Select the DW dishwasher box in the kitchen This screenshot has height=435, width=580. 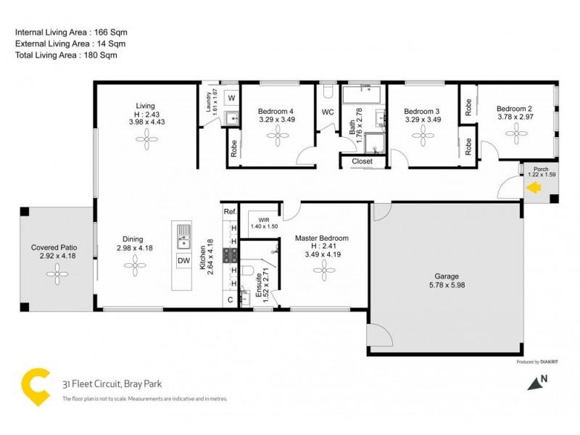coord(183,261)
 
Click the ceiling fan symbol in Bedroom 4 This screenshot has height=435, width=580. coord(277,138)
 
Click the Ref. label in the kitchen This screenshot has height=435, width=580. coord(230,212)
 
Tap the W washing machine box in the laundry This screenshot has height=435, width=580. coord(232,97)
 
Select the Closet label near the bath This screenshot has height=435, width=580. coord(362,161)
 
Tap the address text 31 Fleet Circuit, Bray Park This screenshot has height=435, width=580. coord(104,384)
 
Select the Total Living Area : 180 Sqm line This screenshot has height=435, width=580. coord(66,55)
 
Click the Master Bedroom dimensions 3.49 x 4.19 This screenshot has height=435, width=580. coord(322,254)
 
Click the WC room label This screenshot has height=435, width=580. coord(327,112)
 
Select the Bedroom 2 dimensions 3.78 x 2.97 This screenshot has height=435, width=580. coord(515,116)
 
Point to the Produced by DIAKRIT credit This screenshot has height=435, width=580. coord(536,361)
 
